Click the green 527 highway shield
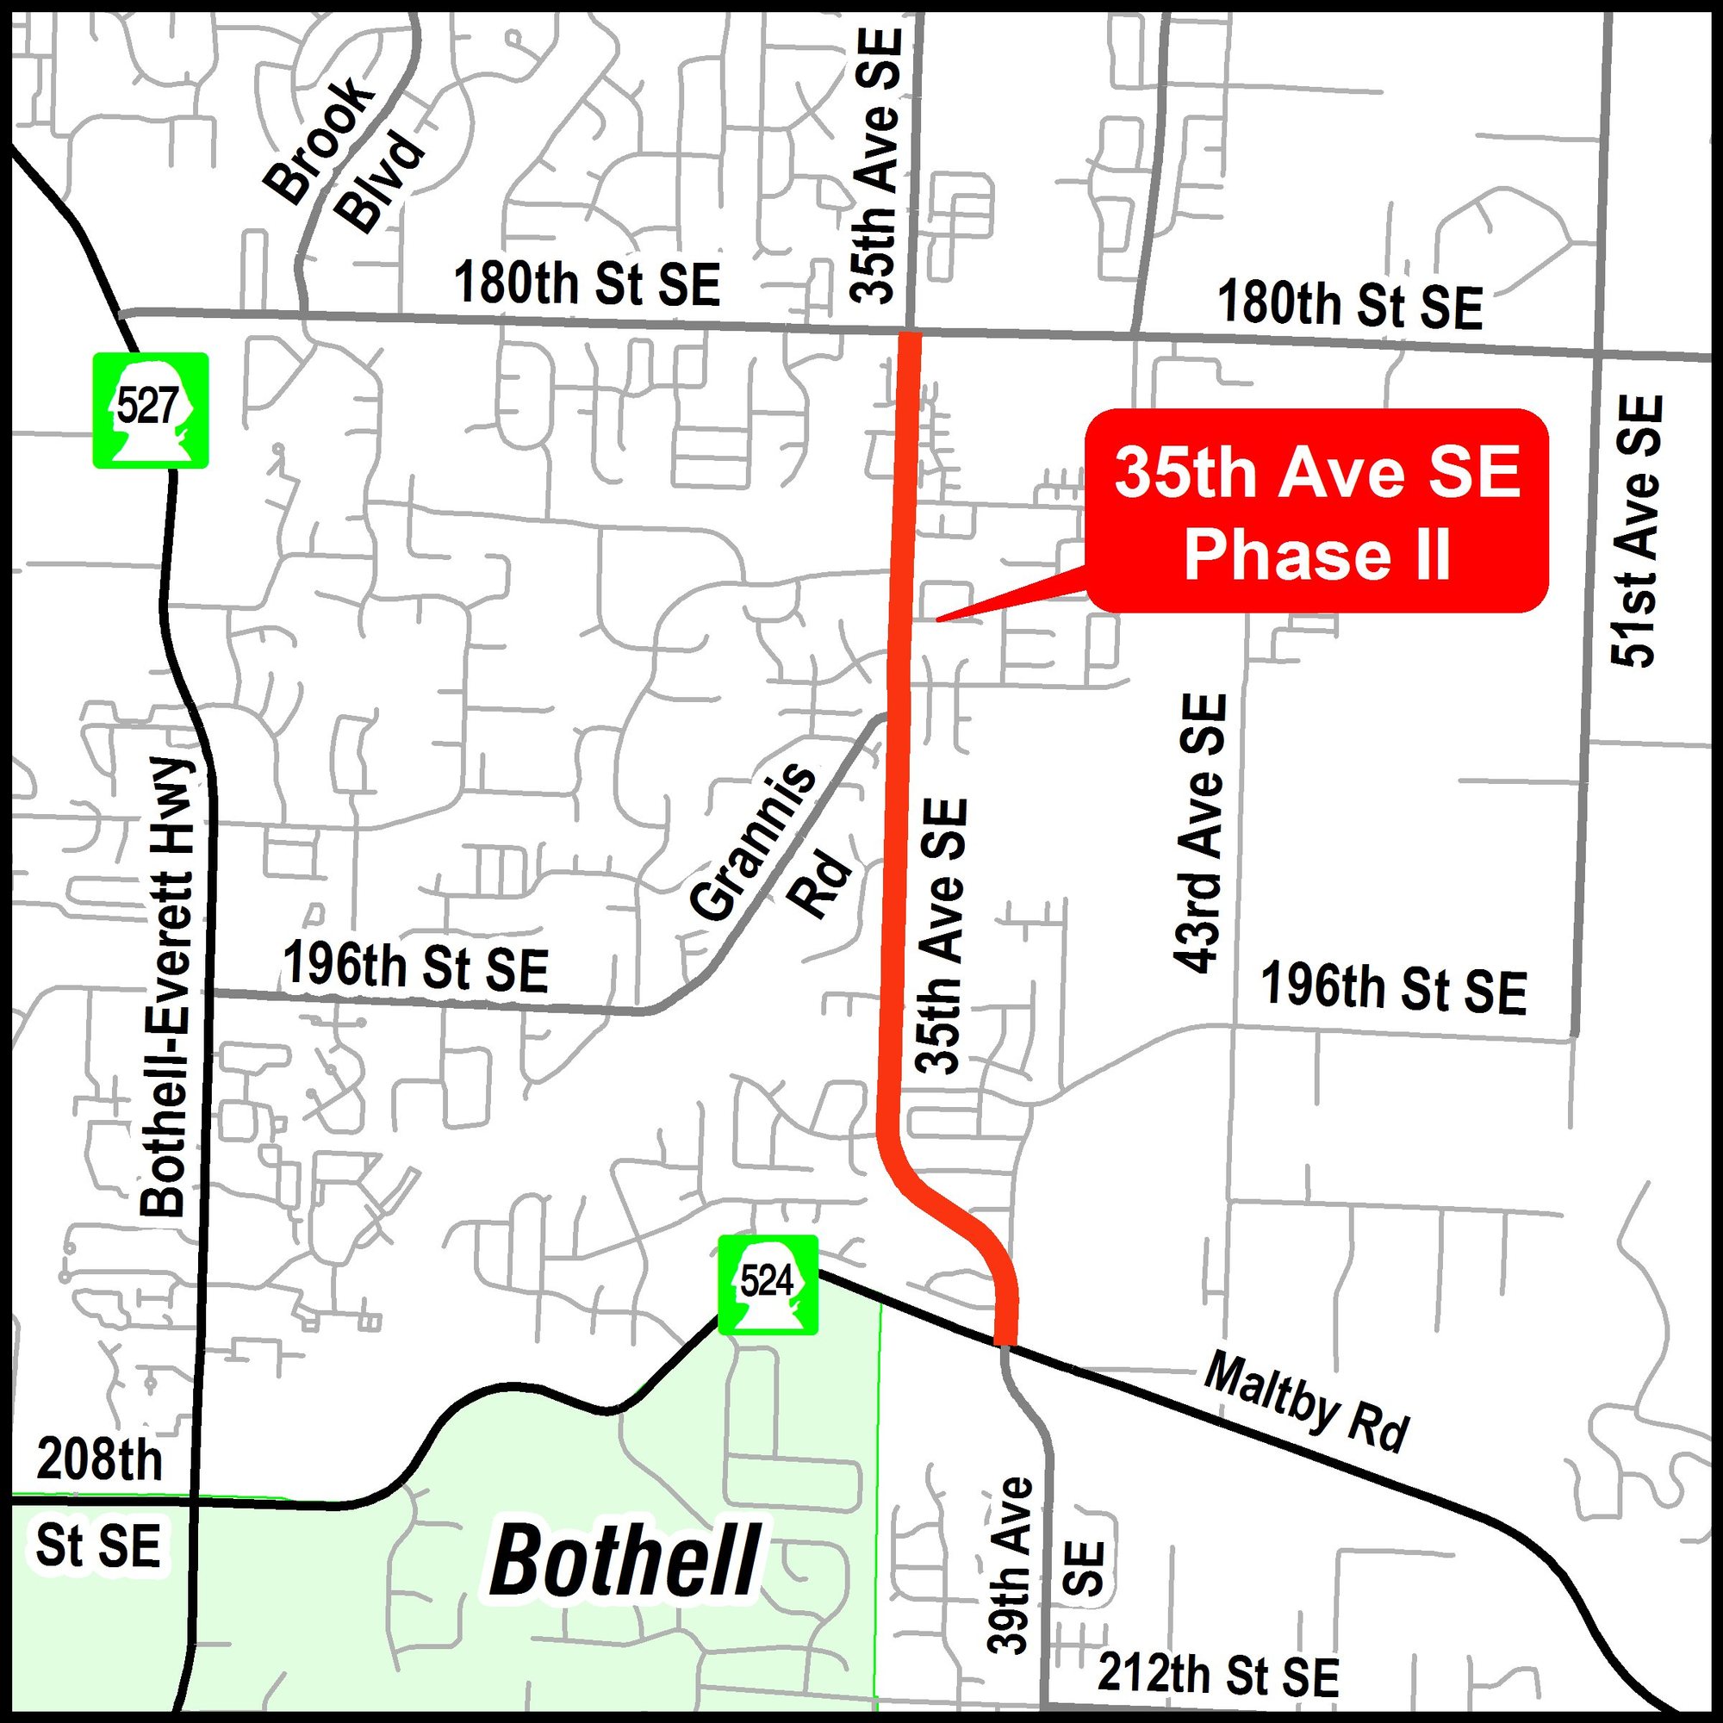(151, 410)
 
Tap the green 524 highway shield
(768, 1284)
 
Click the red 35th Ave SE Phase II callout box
(1317, 512)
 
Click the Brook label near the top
(318, 140)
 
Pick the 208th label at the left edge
(100, 1460)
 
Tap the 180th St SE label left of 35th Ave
(587, 283)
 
